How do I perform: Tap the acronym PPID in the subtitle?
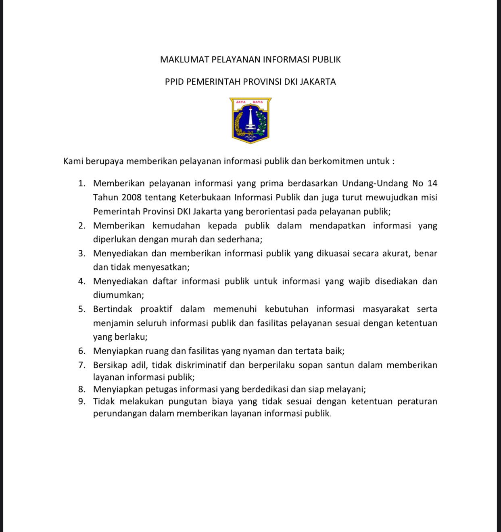coord(174,82)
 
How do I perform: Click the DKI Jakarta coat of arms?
coord(250,120)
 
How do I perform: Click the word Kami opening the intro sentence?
coord(73,161)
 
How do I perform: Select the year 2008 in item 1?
coord(131,197)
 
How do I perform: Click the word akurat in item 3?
coord(397,254)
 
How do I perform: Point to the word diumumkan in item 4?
coord(118,295)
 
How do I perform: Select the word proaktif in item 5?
coord(156,309)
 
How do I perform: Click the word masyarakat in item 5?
coord(386,309)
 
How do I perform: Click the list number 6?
coord(82,351)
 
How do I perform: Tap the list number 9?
coord(82,401)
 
